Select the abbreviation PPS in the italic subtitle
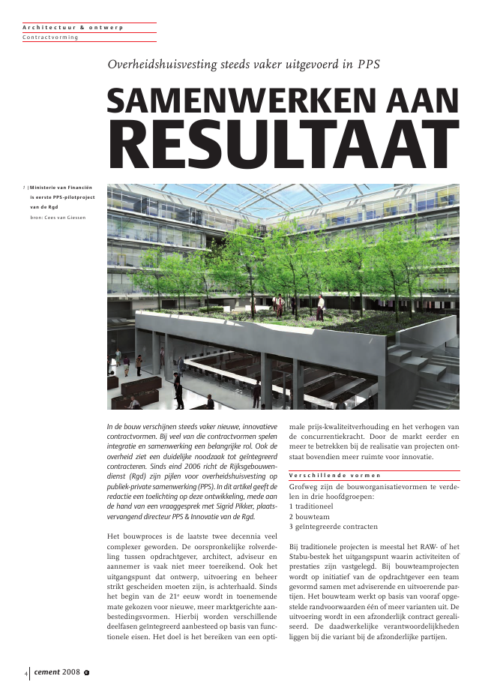coord(367,64)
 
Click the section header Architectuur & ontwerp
coord(73,27)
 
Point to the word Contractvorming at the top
coord(50,37)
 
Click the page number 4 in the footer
coord(25,673)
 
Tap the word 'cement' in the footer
coord(46,672)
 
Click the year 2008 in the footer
coord(72,672)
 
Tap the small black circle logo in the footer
coord(87,673)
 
